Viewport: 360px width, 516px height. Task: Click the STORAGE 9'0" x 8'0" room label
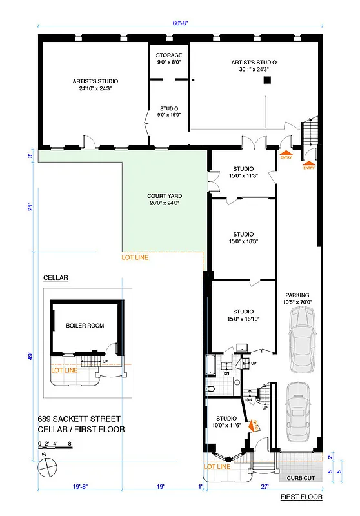[x=169, y=59]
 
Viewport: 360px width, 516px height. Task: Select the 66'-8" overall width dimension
[x=180, y=23]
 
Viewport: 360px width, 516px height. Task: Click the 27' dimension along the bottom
[x=264, y=488]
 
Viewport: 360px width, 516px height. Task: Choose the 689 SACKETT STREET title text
[x=78, y=419]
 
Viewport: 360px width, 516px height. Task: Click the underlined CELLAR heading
[x=55, y=278]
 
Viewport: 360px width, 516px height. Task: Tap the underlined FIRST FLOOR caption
[x=301, y=498]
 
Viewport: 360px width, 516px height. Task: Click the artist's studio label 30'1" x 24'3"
[x=254, y=66]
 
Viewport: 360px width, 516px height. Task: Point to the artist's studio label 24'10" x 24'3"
[x=95, y=84]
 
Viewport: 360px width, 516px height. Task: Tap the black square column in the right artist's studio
[x=275, y=79]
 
